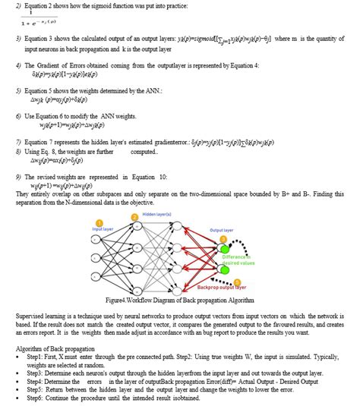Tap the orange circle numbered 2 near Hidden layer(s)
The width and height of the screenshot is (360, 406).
point(134,217)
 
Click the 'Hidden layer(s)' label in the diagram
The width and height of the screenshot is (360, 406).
point(156,216)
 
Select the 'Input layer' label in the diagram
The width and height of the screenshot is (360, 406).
point(103,228)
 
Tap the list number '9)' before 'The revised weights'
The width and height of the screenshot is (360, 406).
point(18,176)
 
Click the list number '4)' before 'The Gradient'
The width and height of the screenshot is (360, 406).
point(18,65)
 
